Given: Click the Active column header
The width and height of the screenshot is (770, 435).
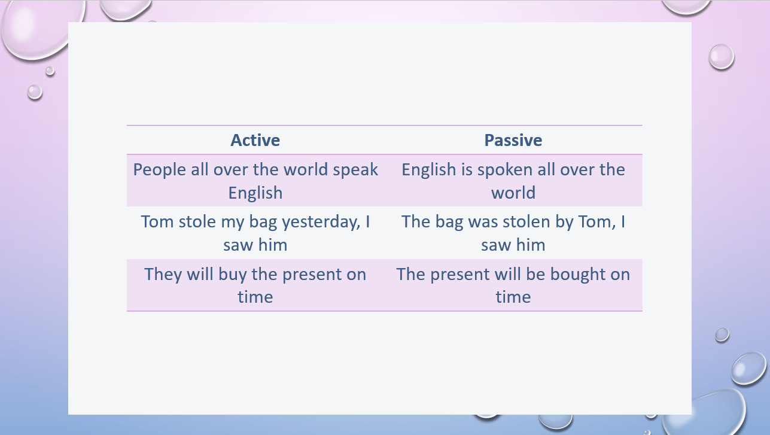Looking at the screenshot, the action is click(x=255, y=140).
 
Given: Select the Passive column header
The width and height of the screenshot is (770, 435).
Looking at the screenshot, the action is click(x=513, y=140).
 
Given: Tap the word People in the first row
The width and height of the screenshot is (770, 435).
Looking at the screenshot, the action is click(x=160, y=170).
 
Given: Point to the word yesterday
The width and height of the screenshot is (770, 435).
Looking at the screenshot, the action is click(x=321, y=222).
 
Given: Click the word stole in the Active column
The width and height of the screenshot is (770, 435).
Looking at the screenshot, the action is click(x=197, y=221).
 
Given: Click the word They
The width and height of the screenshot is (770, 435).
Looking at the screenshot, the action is click(x=163, y=275).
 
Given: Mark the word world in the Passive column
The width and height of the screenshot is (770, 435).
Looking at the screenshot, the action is click(x=513, y=193).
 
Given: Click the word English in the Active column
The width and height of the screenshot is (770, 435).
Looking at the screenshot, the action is click(x=255, y=193).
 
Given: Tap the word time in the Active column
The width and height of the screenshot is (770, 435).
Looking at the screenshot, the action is click(x=255, y=297).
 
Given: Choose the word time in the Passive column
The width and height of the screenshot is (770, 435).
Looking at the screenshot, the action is click(x=513, y=297).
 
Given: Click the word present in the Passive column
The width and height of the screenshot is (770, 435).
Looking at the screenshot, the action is click(x=460, y=275).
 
